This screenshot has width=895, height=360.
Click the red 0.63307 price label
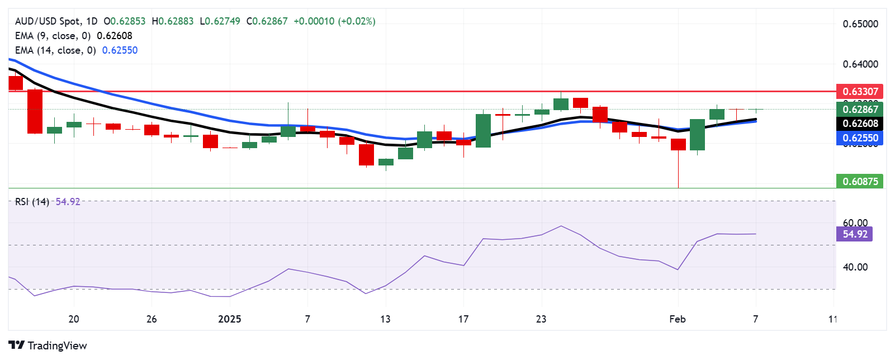[860, 91]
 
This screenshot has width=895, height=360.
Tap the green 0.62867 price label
[860, 109]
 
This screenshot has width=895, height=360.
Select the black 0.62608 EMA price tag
[860, 124]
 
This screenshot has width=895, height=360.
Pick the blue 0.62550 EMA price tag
[860, 138]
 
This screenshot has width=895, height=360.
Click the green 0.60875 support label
[860, 181]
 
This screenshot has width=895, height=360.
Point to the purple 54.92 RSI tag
[854, 234]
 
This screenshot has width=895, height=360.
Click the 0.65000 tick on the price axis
[860, 24]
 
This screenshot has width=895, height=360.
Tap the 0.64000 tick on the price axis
[860, 64]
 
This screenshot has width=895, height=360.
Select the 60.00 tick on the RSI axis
[855, 223]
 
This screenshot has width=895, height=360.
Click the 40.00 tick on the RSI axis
[855, 267]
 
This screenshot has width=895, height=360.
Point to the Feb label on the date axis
[677, 319]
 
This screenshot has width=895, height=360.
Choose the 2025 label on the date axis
[229, 319]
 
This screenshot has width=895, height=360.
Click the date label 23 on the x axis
[541, 319]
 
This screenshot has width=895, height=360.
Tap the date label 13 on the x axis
[385, 319]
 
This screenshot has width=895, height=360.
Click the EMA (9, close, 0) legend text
[53, 36]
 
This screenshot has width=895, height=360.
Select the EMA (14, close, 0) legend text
[55, 50]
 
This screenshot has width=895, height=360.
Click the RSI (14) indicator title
[32, 202]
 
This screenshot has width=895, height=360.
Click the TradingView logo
[48, 345]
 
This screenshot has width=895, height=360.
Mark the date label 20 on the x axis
[73, 319]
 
